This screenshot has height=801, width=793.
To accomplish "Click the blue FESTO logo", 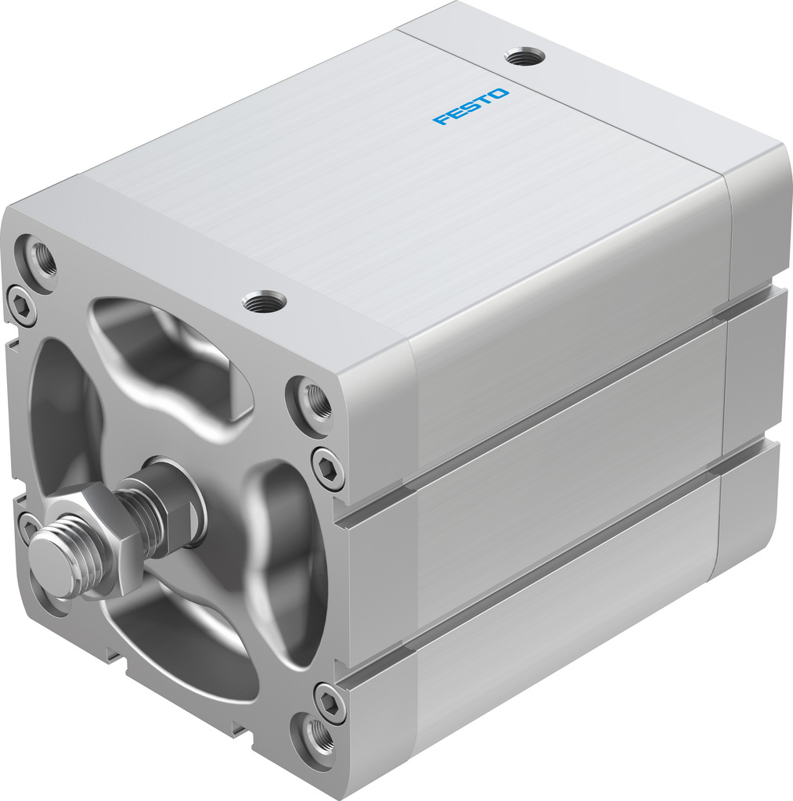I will [471, 106].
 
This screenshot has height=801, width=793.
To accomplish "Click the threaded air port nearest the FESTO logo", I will [524, 56].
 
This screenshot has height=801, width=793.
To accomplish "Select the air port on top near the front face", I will [265, 300].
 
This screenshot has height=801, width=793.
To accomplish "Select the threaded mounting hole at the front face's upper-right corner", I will [315, 401].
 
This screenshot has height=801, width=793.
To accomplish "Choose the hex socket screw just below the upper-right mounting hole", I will [327, 467].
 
